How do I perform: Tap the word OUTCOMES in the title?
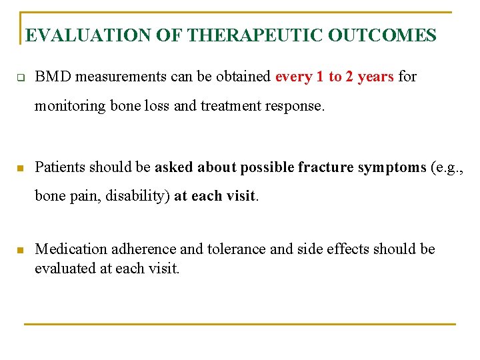pyautogui.click(x=382, y=35)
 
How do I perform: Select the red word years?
pyautogui.click(x=375, y=77)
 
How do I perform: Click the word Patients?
pyautogui.click(x=60, y=167)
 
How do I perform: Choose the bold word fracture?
pyautogui.click(x=326, y=167)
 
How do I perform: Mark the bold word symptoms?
pyautogui.click(x=391, y=167)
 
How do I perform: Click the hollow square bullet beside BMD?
pyautogui.click(x=20, y=77)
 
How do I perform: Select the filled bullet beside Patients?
pyautogui.click(x=20, y=167)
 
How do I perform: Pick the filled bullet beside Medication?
pyautogui.click(x=20, y=251)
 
